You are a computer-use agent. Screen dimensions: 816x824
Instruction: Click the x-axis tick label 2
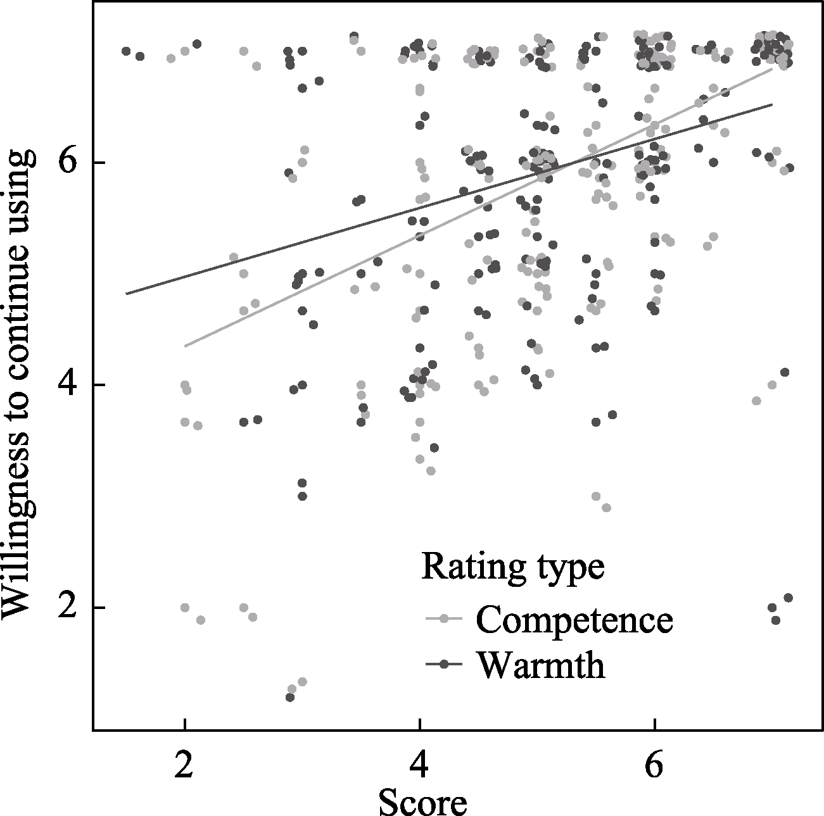(184, 767)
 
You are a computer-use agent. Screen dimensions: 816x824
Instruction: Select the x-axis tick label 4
(419, 767)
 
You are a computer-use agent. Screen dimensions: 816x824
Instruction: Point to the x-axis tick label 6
(654, 767)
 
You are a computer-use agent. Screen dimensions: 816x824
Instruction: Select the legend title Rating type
(513, 567)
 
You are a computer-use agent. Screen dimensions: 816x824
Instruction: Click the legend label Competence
(574, 620)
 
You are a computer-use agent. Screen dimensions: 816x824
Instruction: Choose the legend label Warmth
(541, 665)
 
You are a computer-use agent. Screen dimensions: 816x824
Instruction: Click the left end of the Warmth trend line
(127, 294)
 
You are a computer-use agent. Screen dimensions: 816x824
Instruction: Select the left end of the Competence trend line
(185, 346)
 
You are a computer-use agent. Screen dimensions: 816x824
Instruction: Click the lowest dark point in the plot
(289, 697)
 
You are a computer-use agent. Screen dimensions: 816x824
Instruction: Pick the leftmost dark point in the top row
(126, 51)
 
